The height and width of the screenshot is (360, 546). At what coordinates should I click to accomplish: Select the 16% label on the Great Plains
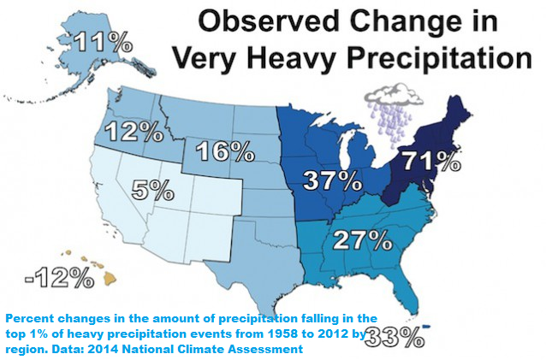point(225,151)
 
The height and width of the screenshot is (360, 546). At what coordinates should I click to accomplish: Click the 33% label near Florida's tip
point(395,336)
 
